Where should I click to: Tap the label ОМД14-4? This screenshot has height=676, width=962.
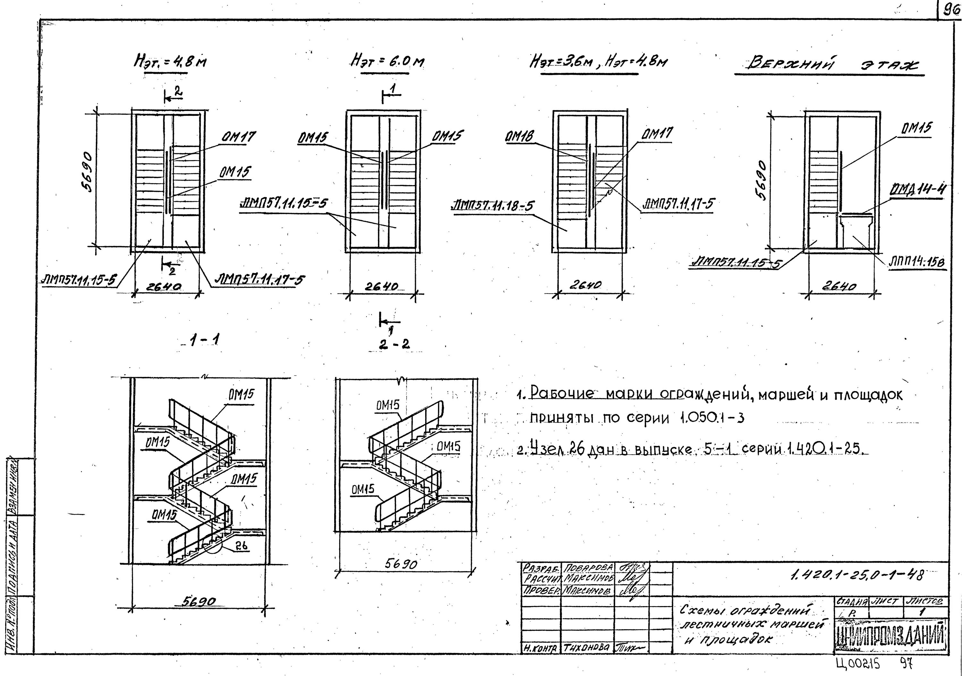point(917,190)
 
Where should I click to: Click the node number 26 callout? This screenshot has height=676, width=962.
point(241,546)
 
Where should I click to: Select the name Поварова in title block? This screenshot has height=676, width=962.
point(588,568)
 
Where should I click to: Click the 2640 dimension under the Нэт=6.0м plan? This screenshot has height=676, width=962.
point(381,287)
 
